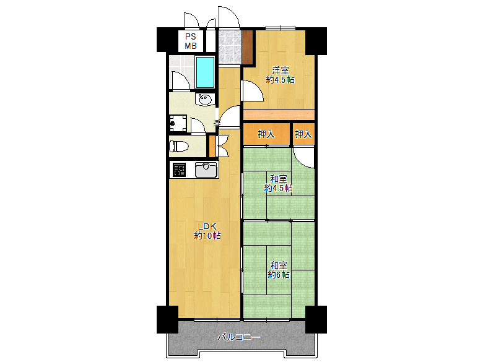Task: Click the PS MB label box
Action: tap(191, 41)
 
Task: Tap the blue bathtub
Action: tap(205, 72)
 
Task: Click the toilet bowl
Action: tap(179, 146)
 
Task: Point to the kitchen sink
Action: tap(206, 170)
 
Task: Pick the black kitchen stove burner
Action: tap(180, 170)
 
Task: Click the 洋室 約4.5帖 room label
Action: tap(280, 75)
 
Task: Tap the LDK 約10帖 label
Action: tap(207, 231)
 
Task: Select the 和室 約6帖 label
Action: tap(279, 270)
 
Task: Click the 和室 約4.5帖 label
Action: tap(279, 183)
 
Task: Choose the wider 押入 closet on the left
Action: tap(266, 134)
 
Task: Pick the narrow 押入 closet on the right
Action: tap(303, 134)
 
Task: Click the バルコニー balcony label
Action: tap(239, 337)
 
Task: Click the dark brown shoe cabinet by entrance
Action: tap(247, 47)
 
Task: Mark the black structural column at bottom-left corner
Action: tap(167, 319)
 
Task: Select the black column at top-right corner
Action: tap(316, 41)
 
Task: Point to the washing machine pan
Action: tap(178, 123)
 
